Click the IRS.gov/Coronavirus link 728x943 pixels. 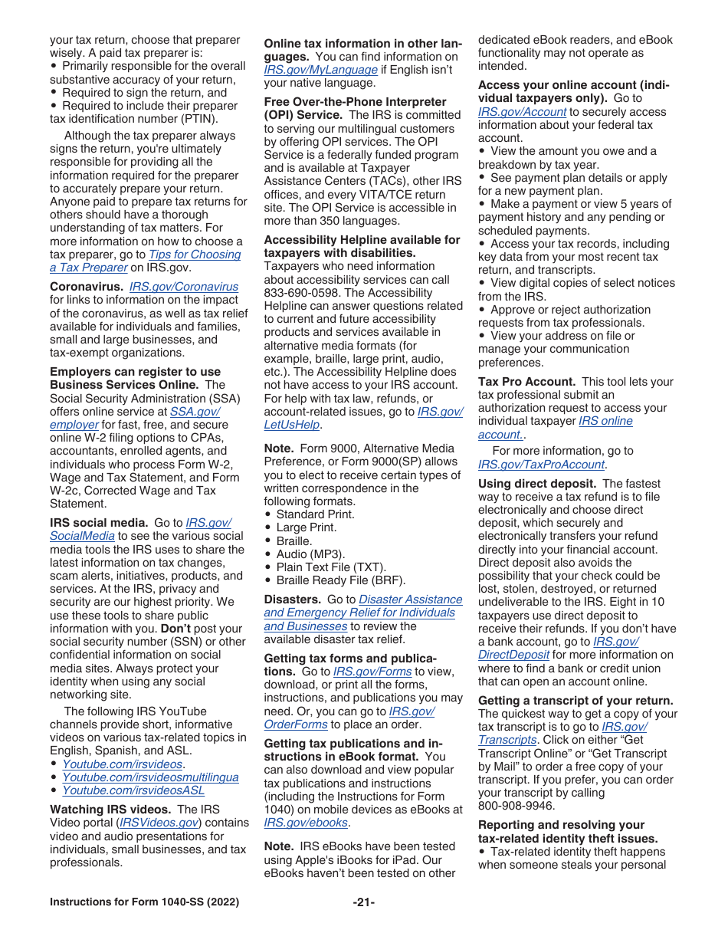point(184,287)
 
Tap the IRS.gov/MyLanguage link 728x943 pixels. point(320,70)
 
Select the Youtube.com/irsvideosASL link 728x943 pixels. point(133,790)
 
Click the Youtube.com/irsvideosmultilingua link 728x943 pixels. point(150,777)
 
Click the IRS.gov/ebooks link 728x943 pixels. point(306,823)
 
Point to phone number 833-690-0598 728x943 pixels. point(300,293)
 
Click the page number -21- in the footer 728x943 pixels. point(363,902)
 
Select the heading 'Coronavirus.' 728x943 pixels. point(87,287)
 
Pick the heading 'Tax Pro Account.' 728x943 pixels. point(526,382)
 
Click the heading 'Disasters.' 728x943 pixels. point(292,600)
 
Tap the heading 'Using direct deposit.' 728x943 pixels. point(537,484)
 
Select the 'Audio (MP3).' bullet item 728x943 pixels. point(310,554)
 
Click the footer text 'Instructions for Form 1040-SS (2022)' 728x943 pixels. point(144,902)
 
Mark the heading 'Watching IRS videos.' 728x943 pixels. point(112,810)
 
